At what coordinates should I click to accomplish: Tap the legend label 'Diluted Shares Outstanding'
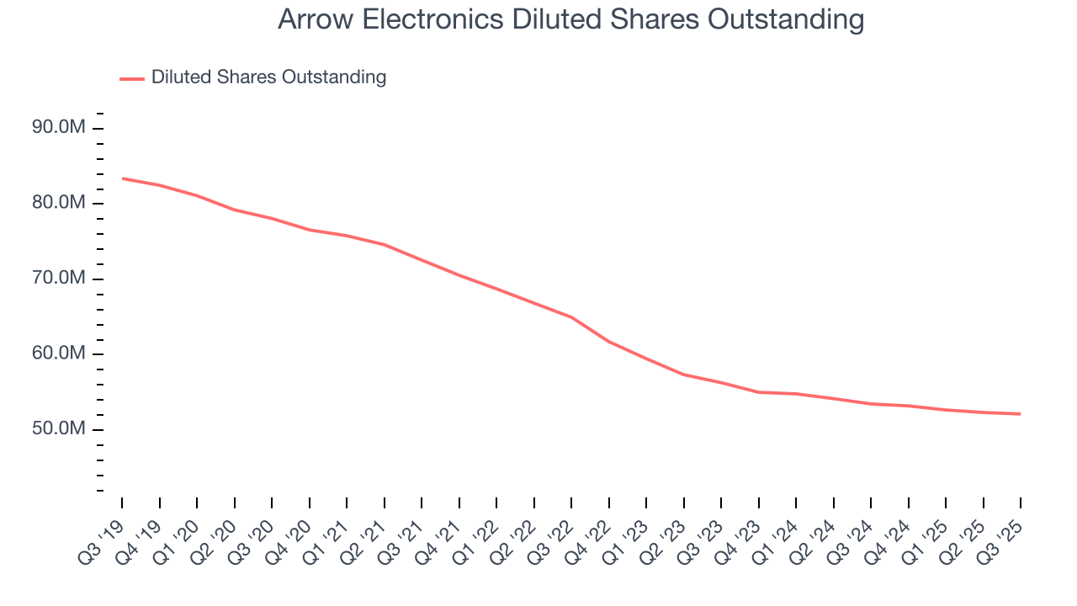(268, 77)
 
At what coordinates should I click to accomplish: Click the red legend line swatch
(132, 78)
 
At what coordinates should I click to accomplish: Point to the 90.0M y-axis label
(59, 128)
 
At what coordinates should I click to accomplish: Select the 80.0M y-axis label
(59, 203)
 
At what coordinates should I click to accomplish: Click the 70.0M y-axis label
(59, 279)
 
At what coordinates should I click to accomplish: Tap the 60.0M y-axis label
(59, 353)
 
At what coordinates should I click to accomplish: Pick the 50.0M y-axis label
(59, 429)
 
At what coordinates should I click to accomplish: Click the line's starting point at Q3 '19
(122, 178)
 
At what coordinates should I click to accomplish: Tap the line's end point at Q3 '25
(1021, 414)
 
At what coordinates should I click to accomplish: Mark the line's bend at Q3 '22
(571, 317)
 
